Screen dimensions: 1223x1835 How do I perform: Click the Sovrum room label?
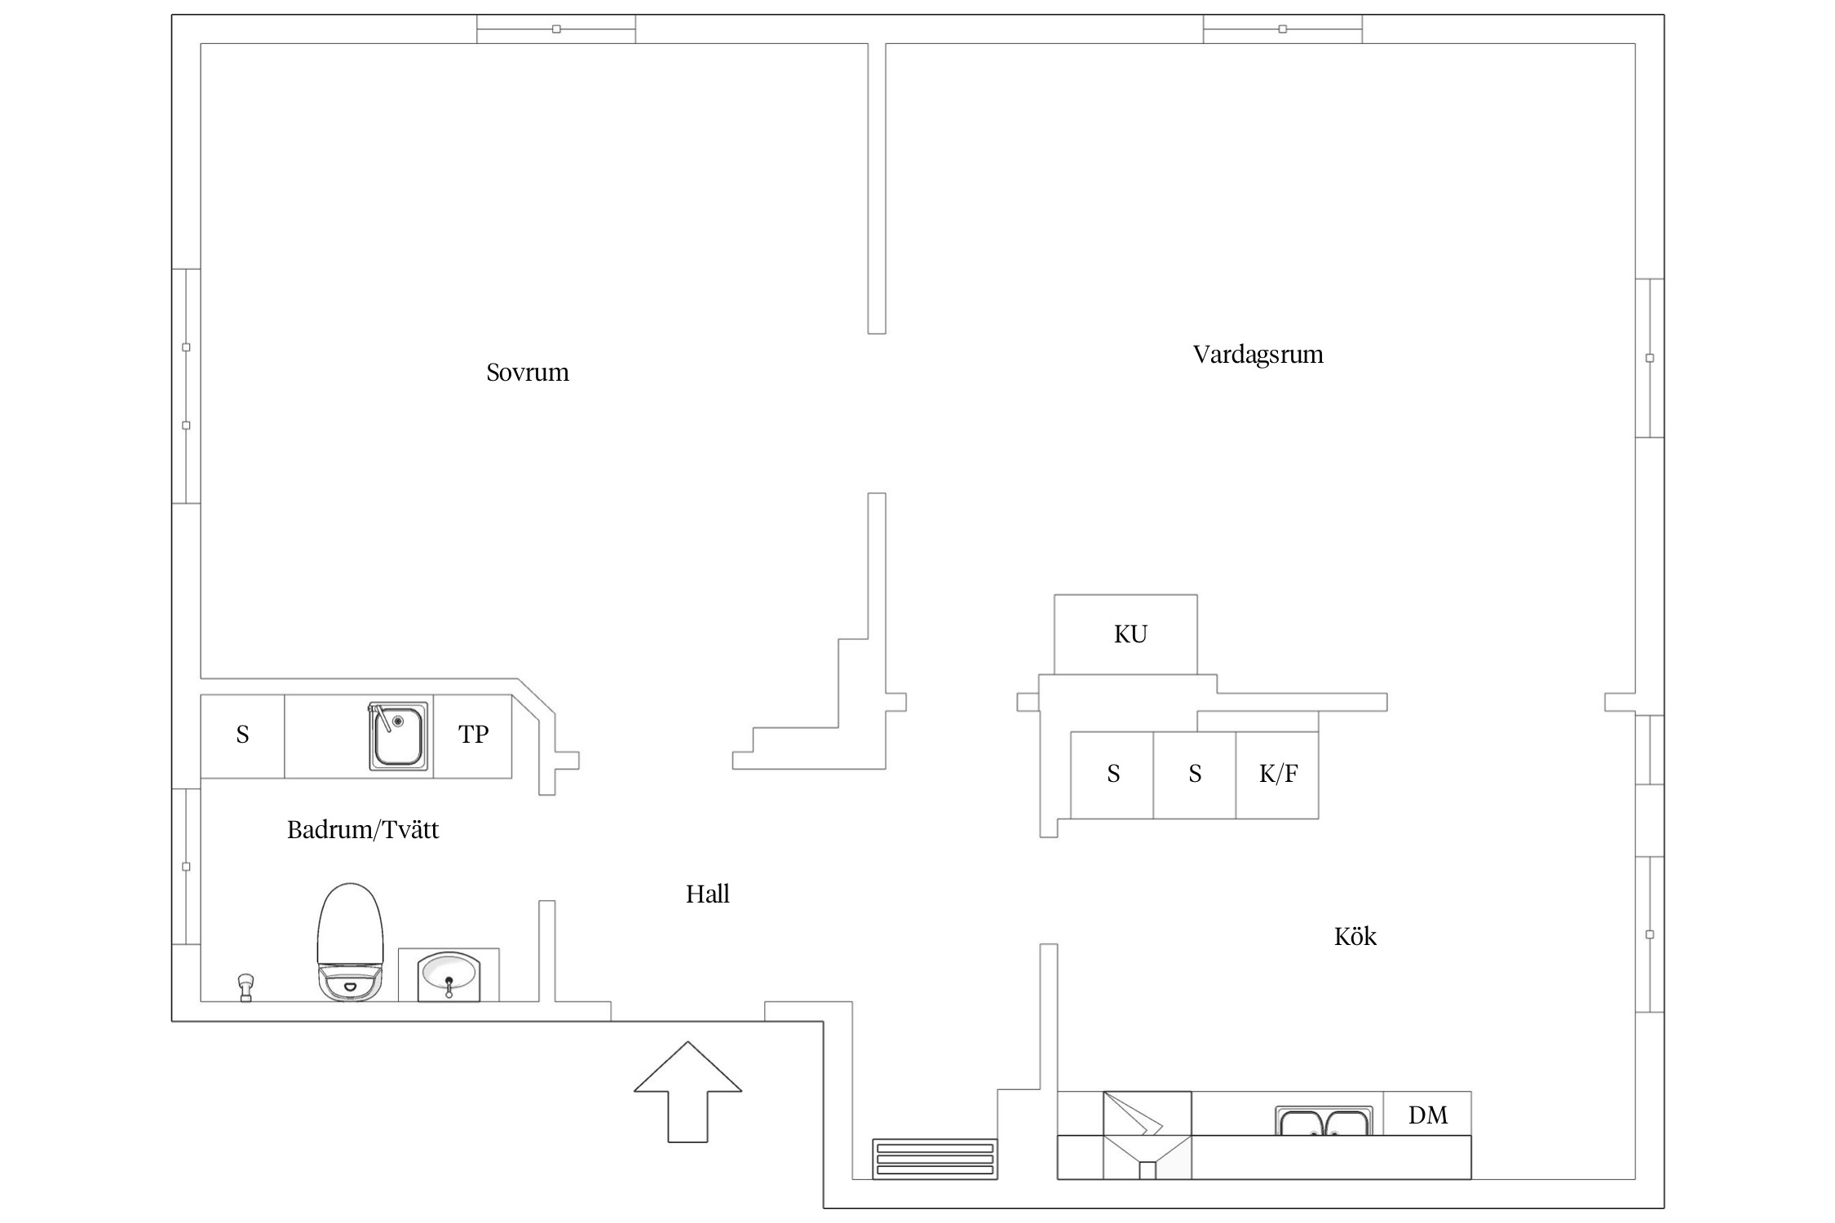(527, 373)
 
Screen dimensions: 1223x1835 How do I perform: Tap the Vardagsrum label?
(1258, 355)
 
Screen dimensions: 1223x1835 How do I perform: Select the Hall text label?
(707, 894)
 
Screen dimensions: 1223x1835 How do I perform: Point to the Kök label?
(1355, 936)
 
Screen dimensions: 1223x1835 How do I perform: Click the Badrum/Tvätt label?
(363, 830)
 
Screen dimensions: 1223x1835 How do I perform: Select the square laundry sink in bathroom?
(398, 735)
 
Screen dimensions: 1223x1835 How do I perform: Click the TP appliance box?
(473, 735)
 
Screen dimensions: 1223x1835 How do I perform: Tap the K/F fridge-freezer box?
(1277, 775)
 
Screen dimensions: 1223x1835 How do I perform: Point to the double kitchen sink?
(1324, 1122)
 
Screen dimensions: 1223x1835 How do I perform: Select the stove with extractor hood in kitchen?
(1147, 1135)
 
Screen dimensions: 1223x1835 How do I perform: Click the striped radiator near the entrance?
(935, 1159)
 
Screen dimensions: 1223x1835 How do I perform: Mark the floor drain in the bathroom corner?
(245, 987)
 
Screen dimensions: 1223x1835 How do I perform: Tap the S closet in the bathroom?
(242, 735)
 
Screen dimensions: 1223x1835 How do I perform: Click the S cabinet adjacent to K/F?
(1195, 775)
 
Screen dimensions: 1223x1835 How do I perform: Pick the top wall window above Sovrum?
(556, 29)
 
